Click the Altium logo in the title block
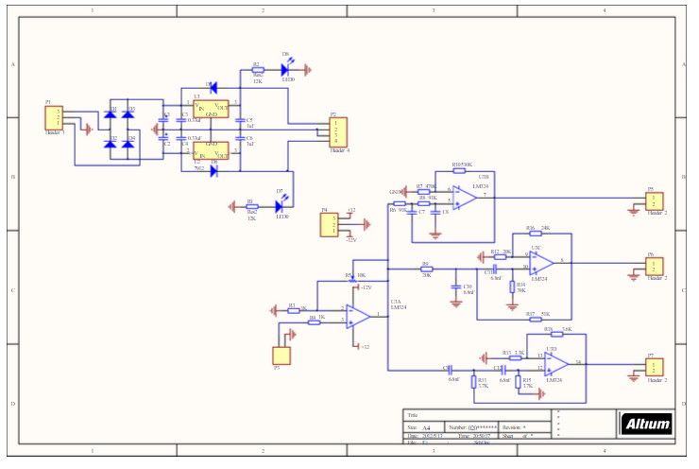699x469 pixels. point(646,425)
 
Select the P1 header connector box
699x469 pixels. point(53,118)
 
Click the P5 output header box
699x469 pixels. point(654,200)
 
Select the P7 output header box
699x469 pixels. point(654,367)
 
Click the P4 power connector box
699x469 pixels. point(330,225)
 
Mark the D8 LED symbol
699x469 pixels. point(284,68)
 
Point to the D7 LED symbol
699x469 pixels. point(281,202)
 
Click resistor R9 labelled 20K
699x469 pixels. point(426,269)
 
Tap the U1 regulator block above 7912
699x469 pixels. point(212,110)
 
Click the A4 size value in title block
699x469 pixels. point(425,427)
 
